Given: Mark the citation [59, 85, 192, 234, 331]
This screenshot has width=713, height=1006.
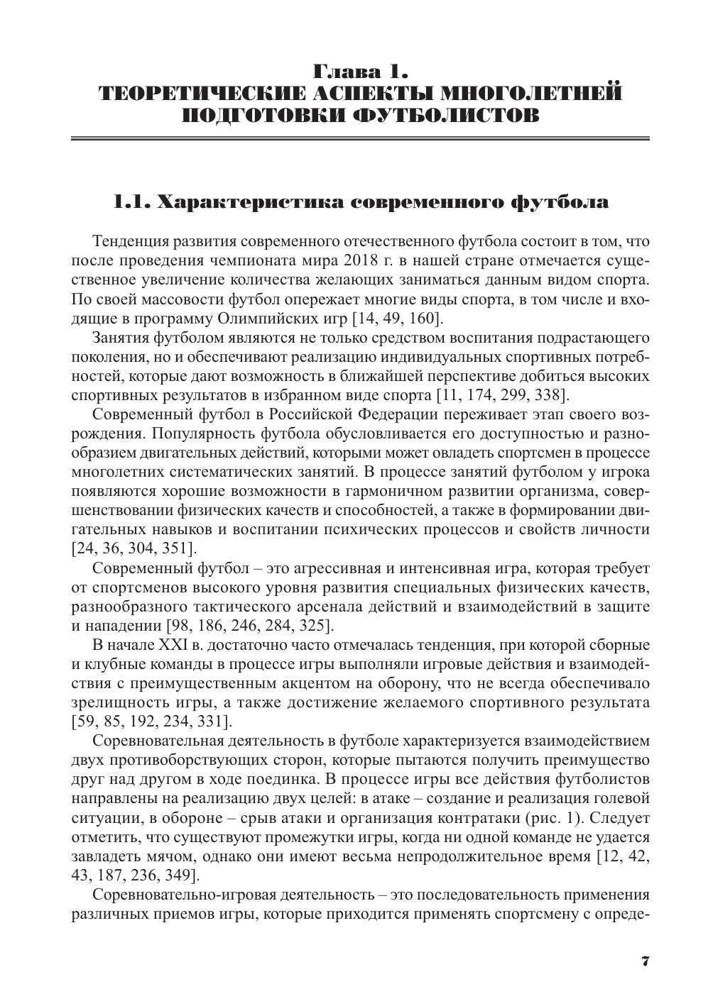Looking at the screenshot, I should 151,722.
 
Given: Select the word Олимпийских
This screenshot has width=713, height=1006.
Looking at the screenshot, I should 261,319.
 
